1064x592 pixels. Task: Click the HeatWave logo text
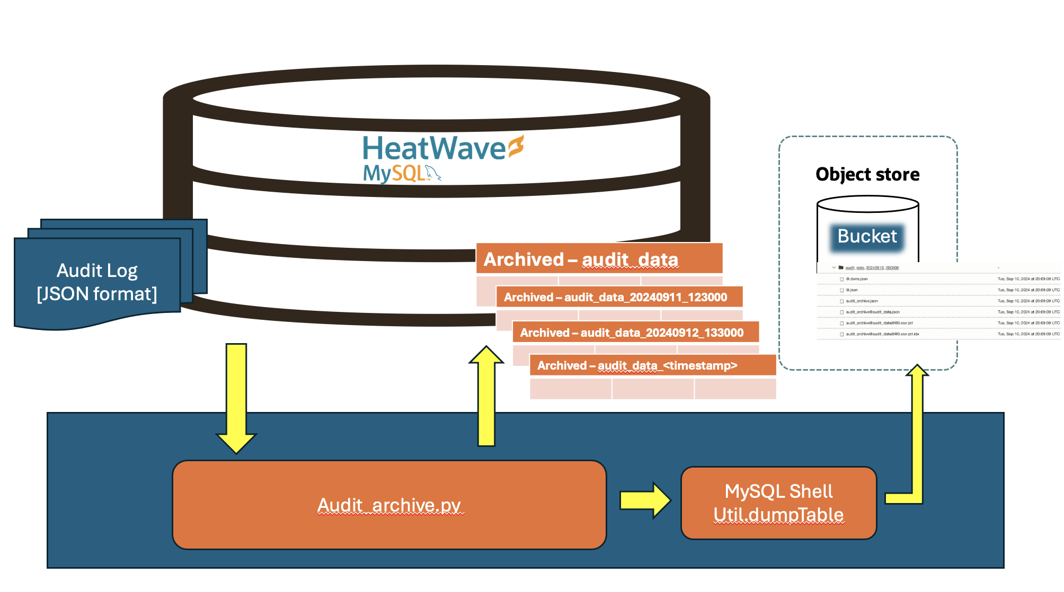coord(433,149)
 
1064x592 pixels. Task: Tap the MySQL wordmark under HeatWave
coord(394,173)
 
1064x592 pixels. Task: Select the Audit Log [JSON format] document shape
coord(97,282)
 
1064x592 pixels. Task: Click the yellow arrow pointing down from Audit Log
coord(236,397)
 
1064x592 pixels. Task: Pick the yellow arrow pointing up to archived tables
coord(486,397)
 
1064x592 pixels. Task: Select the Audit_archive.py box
coord(389,505)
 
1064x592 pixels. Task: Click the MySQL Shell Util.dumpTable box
coord(778,503)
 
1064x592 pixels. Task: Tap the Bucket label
coord(867,236)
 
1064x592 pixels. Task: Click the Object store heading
coord(867,174)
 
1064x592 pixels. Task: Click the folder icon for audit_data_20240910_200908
coord(841,267)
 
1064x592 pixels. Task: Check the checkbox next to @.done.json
coord(841,279)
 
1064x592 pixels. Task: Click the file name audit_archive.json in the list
coord(862,301)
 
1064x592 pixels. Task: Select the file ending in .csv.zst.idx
coord(882,334)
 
